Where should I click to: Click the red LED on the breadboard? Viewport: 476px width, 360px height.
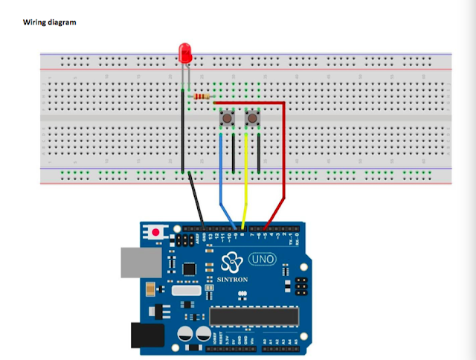coord(185,53)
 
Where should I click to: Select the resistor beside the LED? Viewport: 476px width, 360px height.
coord(202,97)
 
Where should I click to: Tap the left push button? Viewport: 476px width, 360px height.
coord(227,118)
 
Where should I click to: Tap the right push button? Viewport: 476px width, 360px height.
coord(252,118)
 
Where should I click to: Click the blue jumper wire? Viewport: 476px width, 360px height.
coord(221,186)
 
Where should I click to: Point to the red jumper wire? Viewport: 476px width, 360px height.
coord(283,164)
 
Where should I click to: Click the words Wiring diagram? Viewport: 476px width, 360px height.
coord(49,22)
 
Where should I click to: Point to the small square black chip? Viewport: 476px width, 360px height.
coord(190,269)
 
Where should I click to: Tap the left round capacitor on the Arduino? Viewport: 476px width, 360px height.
coord(182,332)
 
